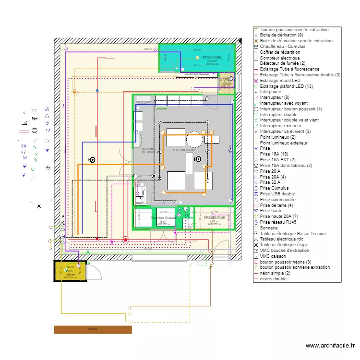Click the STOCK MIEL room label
coord(212,58)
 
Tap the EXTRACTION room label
coord(184,150)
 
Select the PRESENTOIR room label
coord(214,217)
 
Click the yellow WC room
coord(70,271)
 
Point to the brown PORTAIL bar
coord(93,329)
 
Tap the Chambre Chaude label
coord(163,218)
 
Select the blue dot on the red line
coord(97,90)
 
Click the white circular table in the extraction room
coord(194,140)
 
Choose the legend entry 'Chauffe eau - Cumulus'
coord(282,47)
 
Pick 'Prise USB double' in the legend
coord(277,194)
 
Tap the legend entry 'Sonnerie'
coord(269,228)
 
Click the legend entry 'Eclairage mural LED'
coord(280,81)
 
